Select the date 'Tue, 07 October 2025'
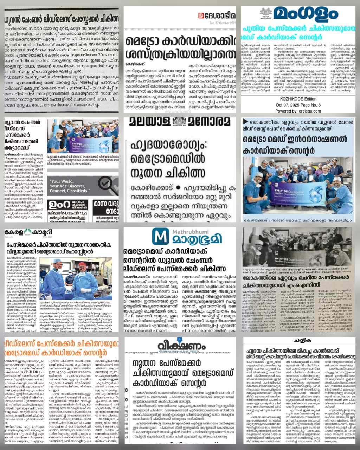[x=223, y=23]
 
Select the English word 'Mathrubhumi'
[x=188, y=232]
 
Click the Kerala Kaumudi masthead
[x=23, y=233]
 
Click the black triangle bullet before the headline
[x=245, y=121]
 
